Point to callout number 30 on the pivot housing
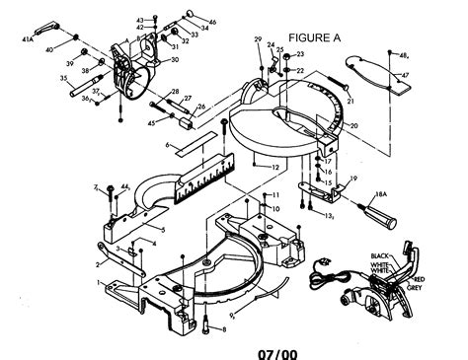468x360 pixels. [175, 59]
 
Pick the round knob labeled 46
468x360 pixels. [211, 21]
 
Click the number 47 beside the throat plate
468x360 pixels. [405, 76]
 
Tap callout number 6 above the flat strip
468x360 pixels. [169, 145]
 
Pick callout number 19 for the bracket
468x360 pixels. [351, 179]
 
